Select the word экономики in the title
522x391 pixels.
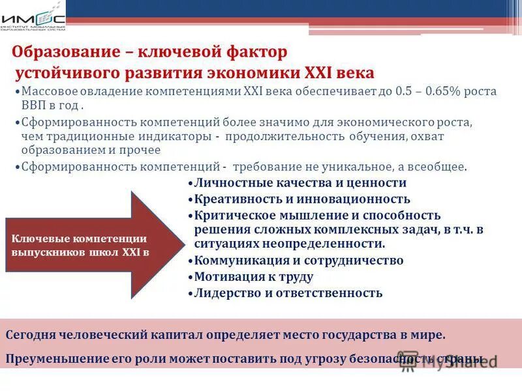coord(236,72)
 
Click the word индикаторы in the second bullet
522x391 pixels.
coord(181,136)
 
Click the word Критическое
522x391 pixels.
coord(230,216)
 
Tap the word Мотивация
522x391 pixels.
coord(226,277)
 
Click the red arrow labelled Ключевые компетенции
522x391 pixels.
coord(91,245)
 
